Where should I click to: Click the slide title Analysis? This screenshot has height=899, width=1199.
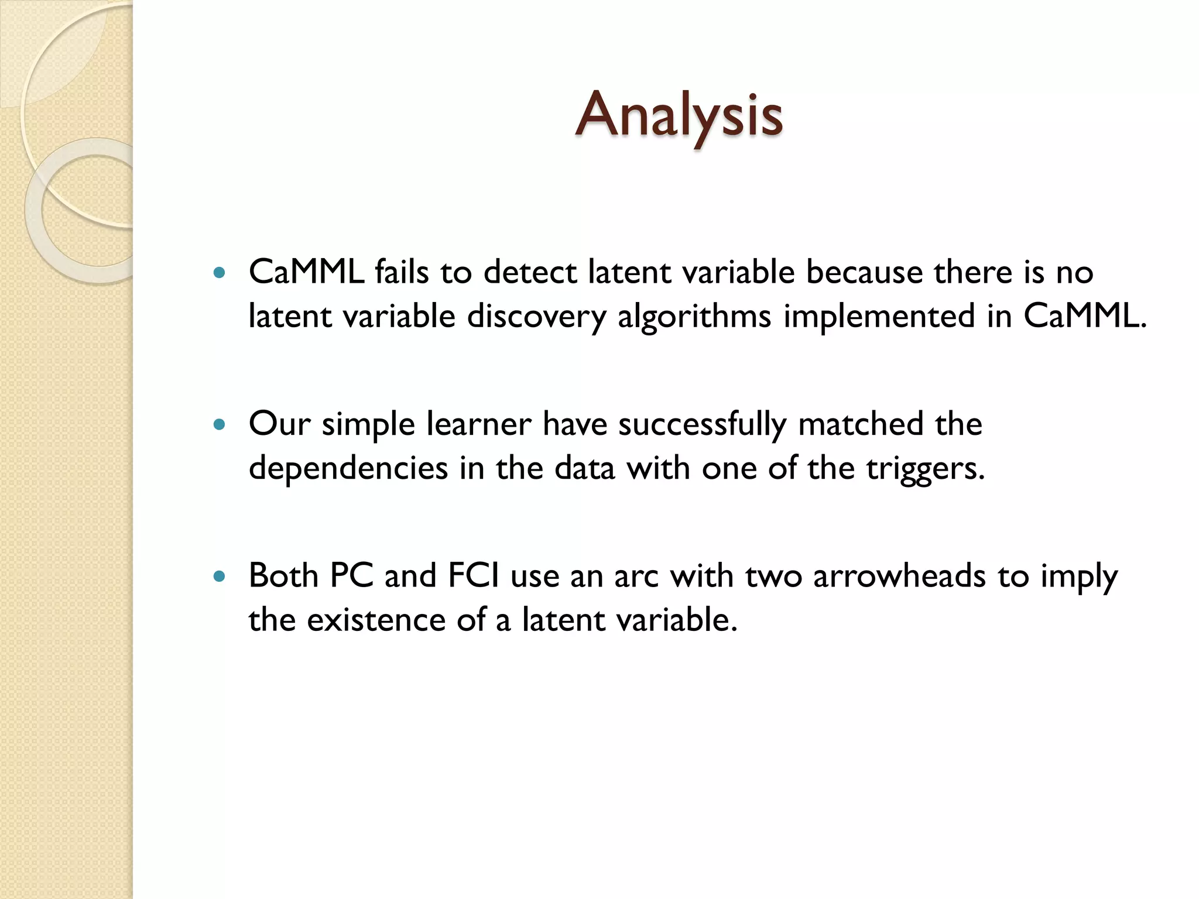click(679, 115)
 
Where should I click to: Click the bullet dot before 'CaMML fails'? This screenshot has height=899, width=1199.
click(220, 273)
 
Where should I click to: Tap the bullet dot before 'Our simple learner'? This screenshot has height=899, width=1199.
click(220, 424)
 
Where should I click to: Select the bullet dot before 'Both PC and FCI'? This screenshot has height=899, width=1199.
click(220, 577)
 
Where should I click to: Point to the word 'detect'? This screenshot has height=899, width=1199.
click(530, 272)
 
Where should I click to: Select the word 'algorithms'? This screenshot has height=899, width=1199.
click(694, 317)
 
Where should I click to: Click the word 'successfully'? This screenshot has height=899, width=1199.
click(702, 425)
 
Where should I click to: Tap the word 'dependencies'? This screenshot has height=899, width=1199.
click(348, 469)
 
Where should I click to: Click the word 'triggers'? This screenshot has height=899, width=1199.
click(926, 469)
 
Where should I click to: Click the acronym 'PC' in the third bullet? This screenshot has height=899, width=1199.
click(351, 576)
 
